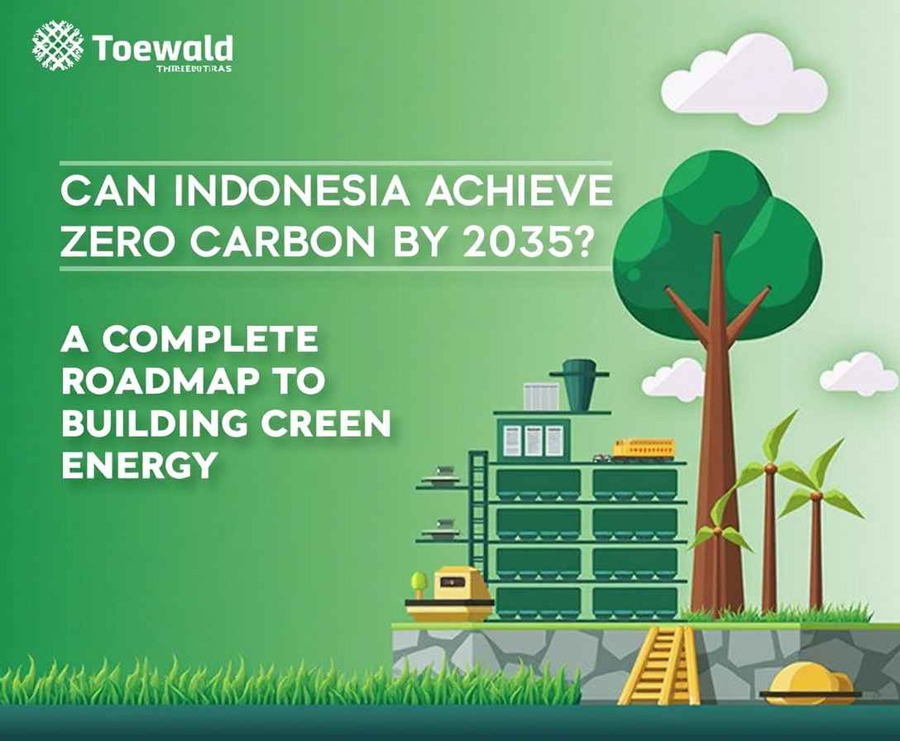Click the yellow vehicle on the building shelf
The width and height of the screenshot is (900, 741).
point(643,449)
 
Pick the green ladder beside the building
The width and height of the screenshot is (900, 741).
point(477,521)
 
